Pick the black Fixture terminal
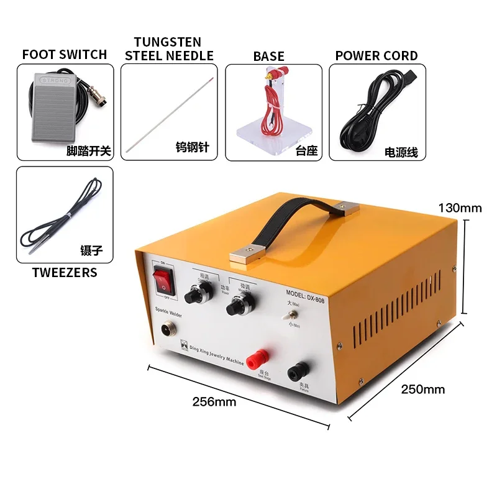point(295,371)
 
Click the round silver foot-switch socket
point(166,331)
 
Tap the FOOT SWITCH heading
point(65,55)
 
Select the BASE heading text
point(268,57)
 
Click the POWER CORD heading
point(376,55)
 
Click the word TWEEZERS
point(65,272)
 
